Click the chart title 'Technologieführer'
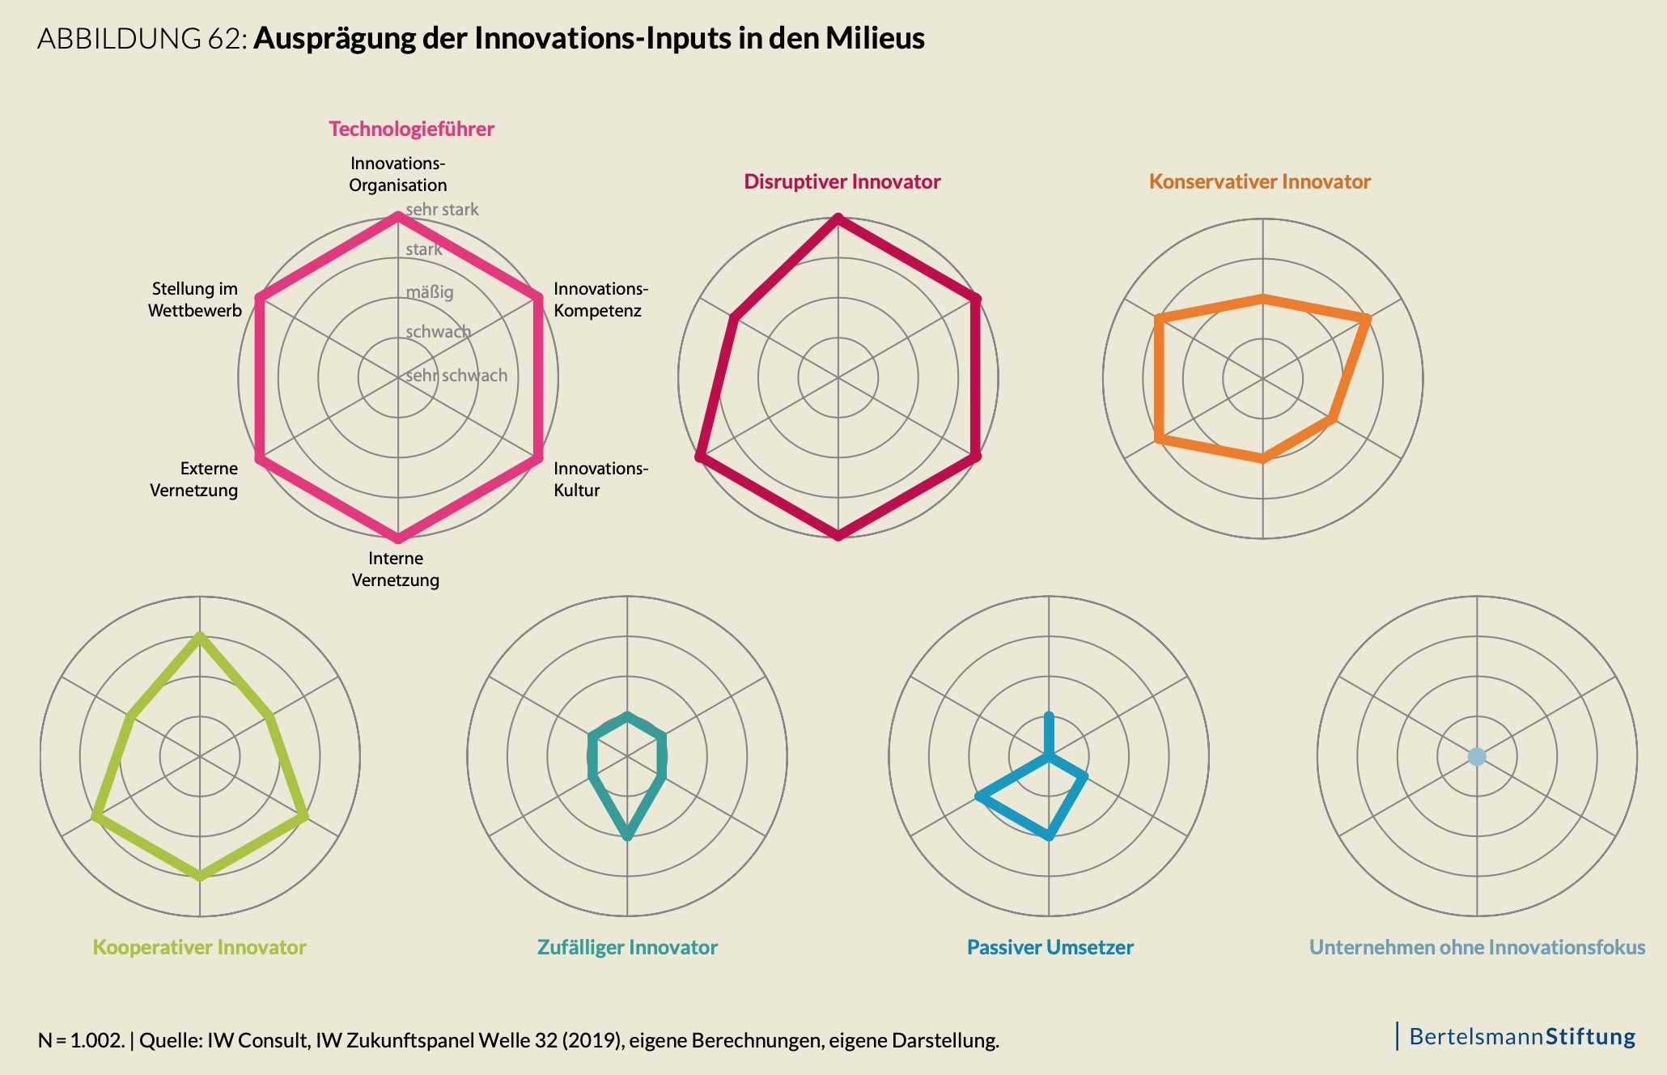pos(411,129)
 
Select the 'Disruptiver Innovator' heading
pos(842,181)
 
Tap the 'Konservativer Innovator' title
pos(1259,181)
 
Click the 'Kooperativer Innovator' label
pos(199,947)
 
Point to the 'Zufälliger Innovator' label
pos(627,947)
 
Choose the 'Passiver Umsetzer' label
pos(1050,947)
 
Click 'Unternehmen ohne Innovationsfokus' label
pos(1477,947)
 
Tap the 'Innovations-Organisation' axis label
pos(397,174)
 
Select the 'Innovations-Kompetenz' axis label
pos(600,300)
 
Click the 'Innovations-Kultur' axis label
pos(600,479)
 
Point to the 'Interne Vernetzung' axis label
pos(395,569)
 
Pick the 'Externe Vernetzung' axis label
pos(194,479)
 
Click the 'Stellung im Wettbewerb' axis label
pos(194,300)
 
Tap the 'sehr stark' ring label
pos(442,210)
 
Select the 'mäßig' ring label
pos(429,292)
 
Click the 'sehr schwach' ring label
pos(456,376)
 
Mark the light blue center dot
pos(1477,757)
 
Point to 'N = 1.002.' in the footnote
pos(81,1040)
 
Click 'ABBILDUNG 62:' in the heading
pos(142,38)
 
